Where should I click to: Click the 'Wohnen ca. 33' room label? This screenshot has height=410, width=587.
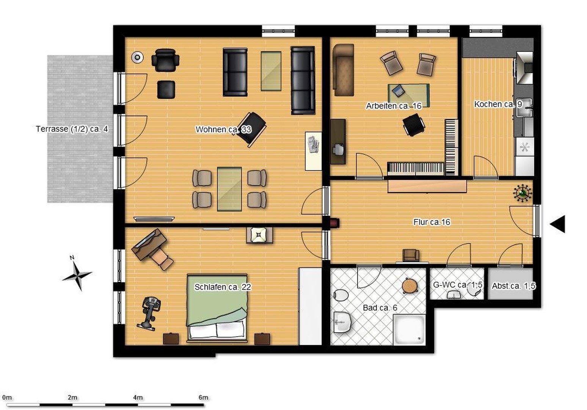click(223, 129)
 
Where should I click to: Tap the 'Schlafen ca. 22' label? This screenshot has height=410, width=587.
click(223, 287)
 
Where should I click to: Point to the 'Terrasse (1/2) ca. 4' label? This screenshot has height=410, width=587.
click(72, 129)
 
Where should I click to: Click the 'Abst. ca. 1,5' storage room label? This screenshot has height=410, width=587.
click(513, 286)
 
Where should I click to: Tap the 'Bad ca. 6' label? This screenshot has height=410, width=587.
click(380, 307)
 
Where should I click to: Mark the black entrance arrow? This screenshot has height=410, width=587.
click(558, 224)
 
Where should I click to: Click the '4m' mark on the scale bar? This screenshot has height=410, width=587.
click(138, 397)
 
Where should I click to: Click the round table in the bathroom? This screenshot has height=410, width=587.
click(410, 286)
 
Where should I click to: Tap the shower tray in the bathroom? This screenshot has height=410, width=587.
click(409, 329)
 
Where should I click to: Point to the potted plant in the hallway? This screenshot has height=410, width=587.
click(523, 193)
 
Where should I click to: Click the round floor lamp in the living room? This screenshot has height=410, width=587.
click(137, 58)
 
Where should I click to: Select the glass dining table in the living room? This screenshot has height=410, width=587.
click(229, 189)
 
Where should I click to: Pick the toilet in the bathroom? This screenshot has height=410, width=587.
click(341, 295)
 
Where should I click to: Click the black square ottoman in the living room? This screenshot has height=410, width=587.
click(166, 90)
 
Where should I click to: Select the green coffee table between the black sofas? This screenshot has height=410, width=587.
click(271, 71)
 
